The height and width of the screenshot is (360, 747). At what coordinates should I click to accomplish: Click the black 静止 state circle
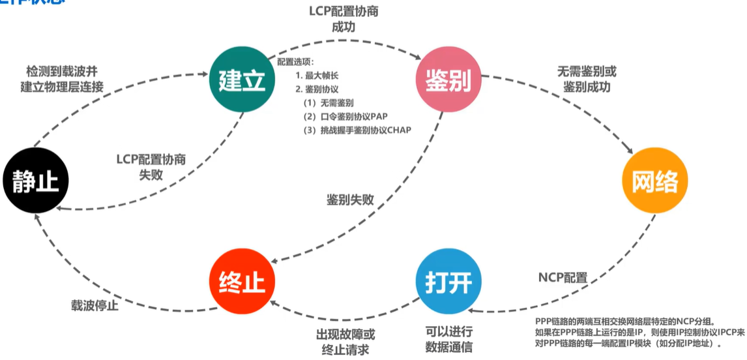(35, 180)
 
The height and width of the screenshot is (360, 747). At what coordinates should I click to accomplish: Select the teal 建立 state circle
(242, 81)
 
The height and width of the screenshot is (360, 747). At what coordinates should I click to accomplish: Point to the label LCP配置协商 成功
(344, 20)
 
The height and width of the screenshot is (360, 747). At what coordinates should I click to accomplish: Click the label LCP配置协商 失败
(151, 167)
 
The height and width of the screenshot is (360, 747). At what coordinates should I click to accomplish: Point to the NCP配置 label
(563, 278)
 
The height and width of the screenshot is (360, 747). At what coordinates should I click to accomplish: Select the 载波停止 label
(95, 305)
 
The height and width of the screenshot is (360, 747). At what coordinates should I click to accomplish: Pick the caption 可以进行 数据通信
(448, 338)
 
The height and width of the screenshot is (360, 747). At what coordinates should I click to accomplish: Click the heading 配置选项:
(296, 62)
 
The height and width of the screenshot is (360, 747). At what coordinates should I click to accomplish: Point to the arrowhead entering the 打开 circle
(475, 312)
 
